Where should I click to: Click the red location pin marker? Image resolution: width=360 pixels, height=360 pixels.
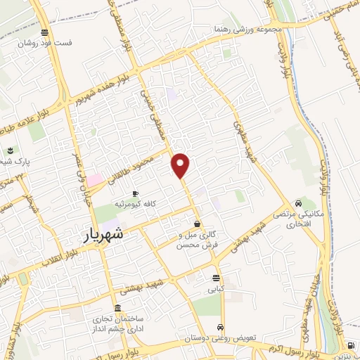[181, 165]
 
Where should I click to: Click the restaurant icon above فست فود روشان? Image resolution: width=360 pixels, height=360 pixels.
[46, 32]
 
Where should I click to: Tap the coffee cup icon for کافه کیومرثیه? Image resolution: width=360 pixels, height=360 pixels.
[136, 193]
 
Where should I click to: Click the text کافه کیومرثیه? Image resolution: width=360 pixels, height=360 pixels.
[136, 203]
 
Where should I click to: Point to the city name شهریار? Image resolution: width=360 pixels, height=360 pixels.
[102, 234]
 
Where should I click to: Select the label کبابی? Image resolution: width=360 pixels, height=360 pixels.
[214, 288]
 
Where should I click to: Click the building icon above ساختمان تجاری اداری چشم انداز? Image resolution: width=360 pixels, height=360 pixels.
[116, 308]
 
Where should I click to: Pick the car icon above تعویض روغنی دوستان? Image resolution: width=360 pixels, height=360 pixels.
[221, 328]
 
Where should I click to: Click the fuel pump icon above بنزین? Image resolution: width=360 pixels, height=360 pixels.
[350, 346]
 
